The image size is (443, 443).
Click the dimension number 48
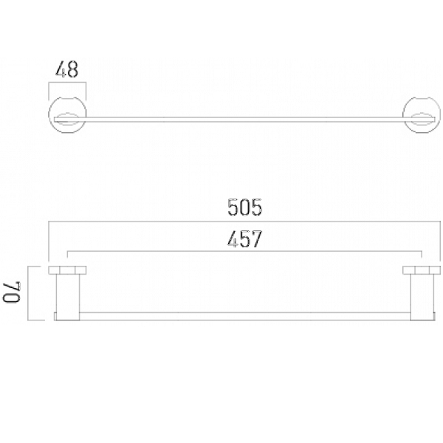pyautogui.click(x=67, y=69)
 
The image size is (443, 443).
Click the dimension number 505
pyautogui.click(x=244, y=207)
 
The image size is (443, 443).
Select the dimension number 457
pyautogui.click(x=244, y=239)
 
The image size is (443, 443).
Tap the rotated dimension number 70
pyautogui.click(x=12, y=292)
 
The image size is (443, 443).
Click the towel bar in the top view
pyautogui.click(x=244, y=120)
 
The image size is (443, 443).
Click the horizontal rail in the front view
pyautogui.click(x=244, y=317)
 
